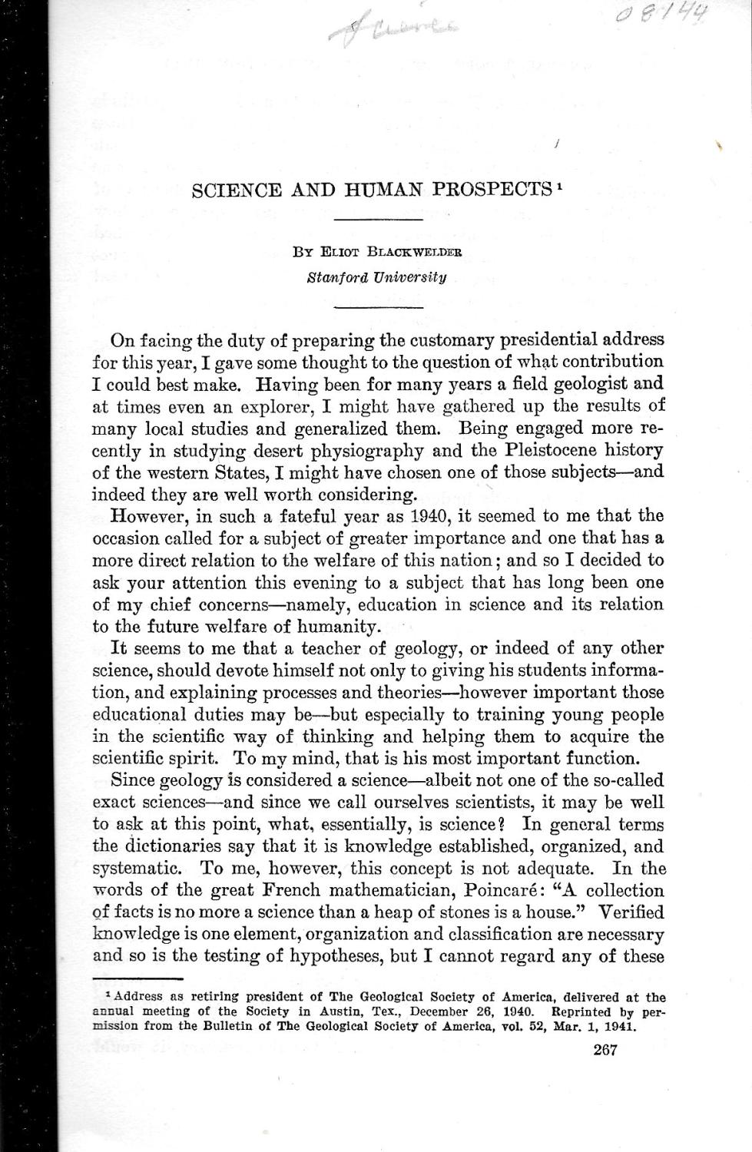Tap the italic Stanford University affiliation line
[x=376, y=277]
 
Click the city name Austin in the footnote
[x=349, y=1011]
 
